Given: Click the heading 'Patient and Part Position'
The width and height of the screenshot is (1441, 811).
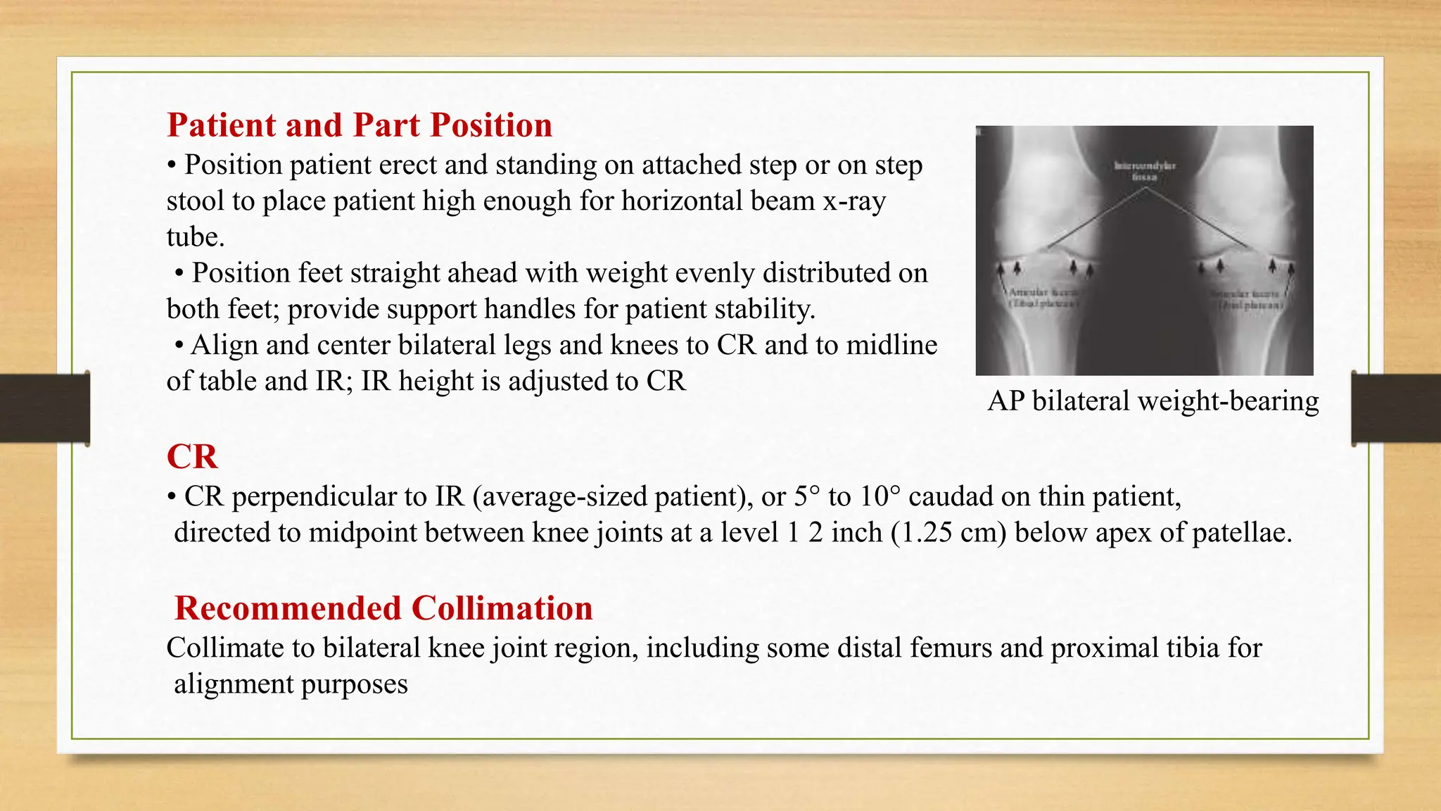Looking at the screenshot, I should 359,125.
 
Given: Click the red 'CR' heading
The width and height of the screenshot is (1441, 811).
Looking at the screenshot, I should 192,457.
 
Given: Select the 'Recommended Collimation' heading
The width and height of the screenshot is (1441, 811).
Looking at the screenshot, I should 383,608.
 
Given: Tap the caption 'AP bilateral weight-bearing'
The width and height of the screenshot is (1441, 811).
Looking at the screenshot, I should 1153,401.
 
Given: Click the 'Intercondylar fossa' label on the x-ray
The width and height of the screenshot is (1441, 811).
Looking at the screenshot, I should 1145,171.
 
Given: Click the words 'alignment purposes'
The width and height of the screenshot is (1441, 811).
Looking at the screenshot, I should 291,684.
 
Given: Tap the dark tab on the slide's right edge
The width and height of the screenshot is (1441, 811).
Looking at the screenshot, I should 1396,408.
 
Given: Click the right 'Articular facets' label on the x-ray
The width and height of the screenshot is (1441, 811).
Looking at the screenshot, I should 1249,299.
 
